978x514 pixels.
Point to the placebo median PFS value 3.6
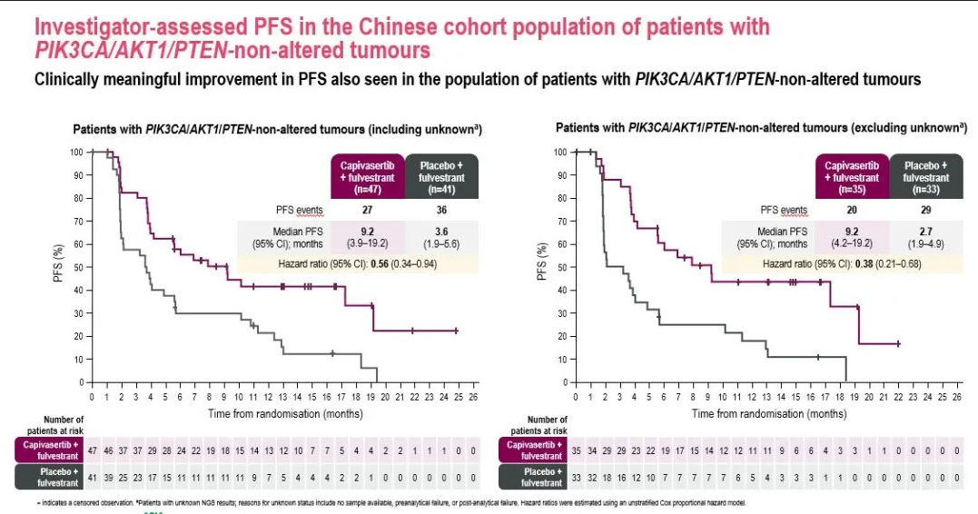point(442,231)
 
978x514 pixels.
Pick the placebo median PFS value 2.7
point(924,231)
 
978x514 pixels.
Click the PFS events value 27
point(367,210)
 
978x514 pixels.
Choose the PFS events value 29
point(924,210)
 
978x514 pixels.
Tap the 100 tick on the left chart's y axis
point(78,152)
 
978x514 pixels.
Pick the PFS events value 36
point(442,210)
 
